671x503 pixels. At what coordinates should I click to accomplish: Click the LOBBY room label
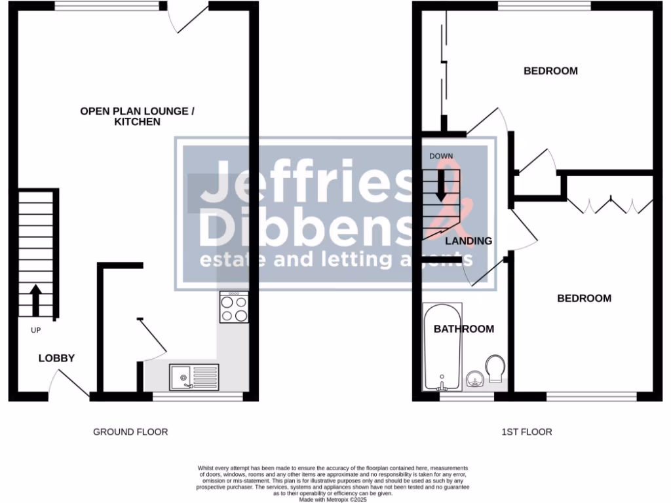coord(56,358)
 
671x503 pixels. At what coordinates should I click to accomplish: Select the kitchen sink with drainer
coord(195,377)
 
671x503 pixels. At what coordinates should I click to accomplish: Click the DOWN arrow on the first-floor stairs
coord(441,183)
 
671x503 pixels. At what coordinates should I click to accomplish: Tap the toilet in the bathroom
coord(495,368)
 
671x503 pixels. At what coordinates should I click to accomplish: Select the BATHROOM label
coord(464,329)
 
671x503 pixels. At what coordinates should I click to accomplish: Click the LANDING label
coord(469,241)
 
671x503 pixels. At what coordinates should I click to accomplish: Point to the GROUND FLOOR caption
coord(130,432)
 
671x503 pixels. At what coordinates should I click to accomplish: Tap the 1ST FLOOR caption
coord(526,432)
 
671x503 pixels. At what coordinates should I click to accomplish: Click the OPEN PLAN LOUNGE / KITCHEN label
coord(138,117)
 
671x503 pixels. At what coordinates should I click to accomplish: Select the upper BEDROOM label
coord(550,71)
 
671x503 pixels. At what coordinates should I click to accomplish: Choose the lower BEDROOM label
coord(584,299)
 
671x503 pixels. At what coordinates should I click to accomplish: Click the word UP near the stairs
coord(36,330)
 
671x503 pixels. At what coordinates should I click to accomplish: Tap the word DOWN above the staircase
coord(441,156)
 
